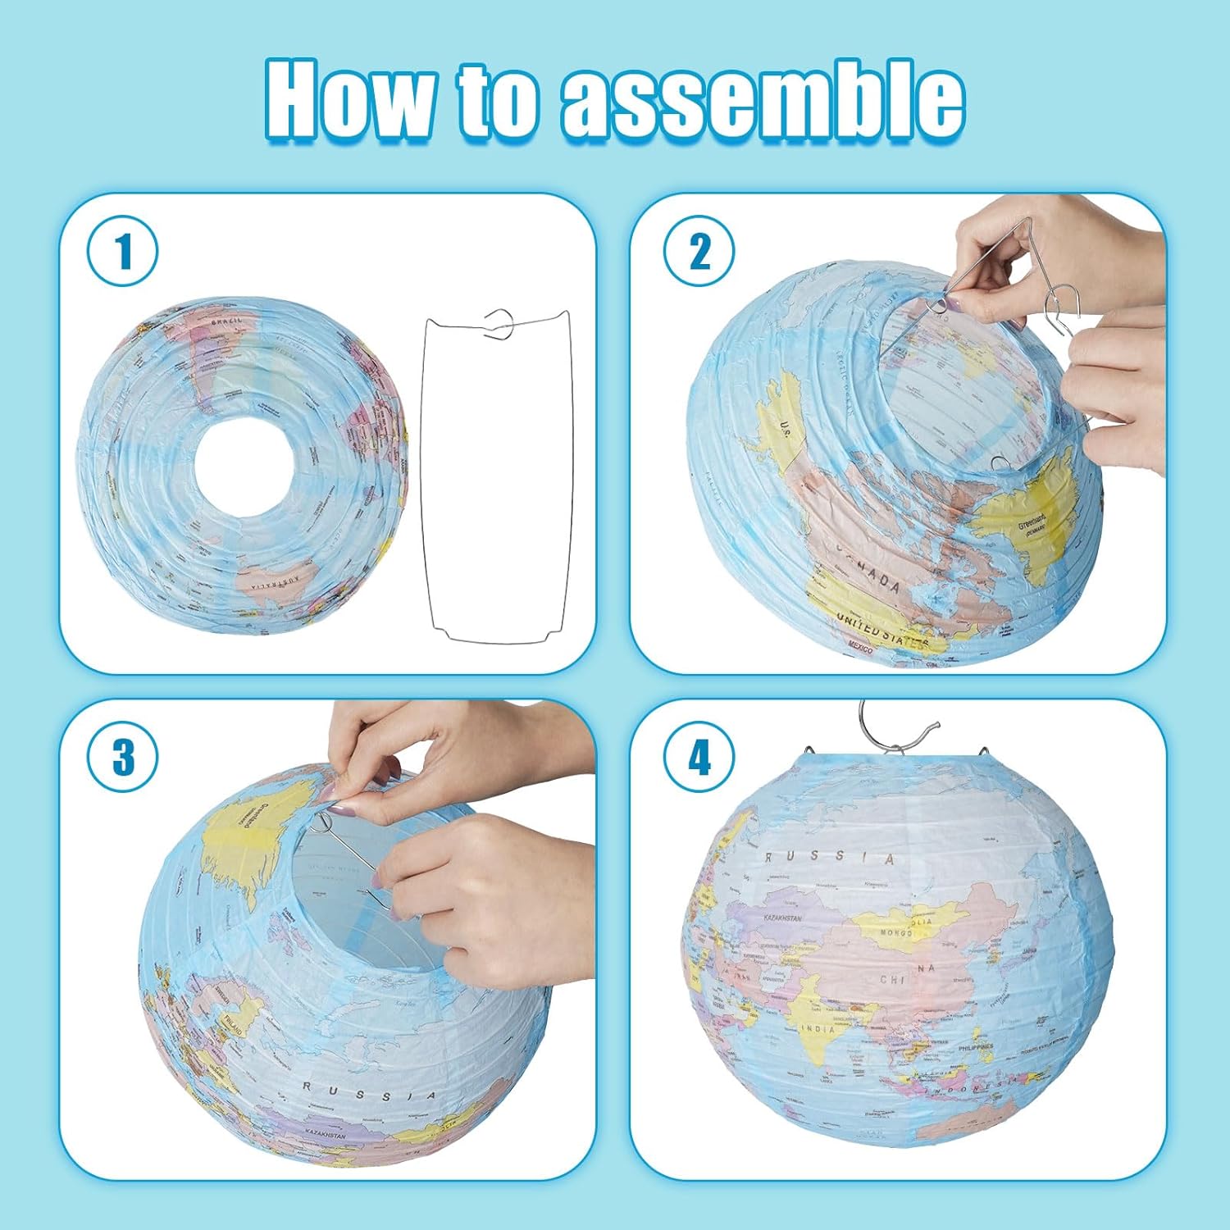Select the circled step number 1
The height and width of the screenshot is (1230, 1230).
tap(123, 251)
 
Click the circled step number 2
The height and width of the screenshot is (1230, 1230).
tap(699, 251)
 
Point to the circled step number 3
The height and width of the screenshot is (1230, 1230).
tap(123, 756)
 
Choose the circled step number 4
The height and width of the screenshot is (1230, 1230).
tap(699, 756)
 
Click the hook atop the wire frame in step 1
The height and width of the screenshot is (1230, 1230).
tap(499, 323)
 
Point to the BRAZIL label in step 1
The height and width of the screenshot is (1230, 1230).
tap(227, 322)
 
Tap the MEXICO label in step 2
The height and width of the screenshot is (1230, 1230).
tap(861, 648)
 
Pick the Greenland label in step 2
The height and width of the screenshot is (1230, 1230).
tap(1032, 522)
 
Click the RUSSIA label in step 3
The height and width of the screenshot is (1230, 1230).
tap(370, 1092)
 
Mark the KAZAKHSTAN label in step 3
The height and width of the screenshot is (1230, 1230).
tap(326, 1134)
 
